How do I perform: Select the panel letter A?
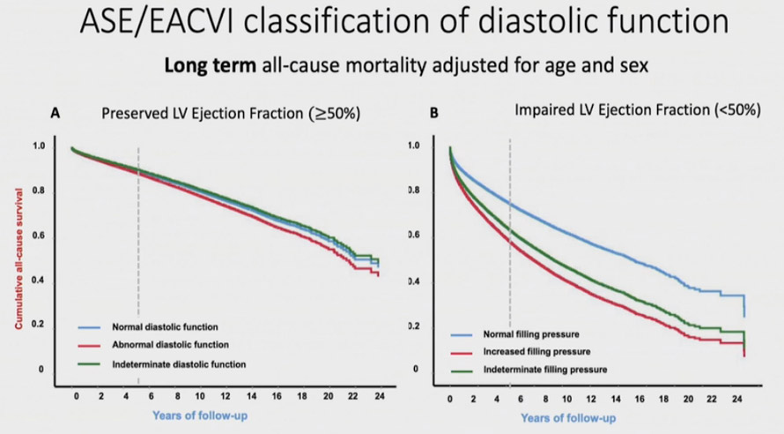click(x=55, y=114)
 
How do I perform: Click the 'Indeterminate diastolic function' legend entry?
click(x=178, y=363)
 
